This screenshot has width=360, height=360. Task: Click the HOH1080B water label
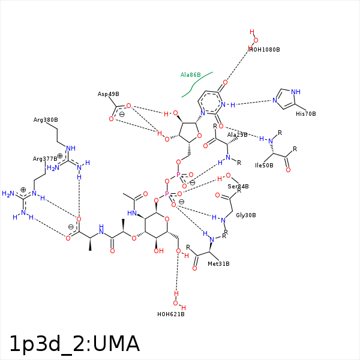coord(264,49)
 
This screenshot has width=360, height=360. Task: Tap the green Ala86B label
coord(191,75)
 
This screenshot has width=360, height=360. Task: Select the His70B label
coord(305,113)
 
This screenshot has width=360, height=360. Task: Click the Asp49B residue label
coord(109,94)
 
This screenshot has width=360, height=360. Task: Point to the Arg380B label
coord(46,120)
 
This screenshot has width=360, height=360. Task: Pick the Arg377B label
coord(46,159)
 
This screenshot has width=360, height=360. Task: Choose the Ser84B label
coord(238,187)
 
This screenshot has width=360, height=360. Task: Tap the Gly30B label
coord(246,215)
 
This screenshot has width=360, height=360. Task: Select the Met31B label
coord(218,263)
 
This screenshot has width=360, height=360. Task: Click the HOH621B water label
coord(170,314)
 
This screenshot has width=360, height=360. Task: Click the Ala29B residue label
coord(237,135)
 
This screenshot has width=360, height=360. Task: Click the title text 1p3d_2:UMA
coord(74,344)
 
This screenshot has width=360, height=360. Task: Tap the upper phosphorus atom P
coord(178,175)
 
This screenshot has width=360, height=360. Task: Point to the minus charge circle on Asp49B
coord(121,114)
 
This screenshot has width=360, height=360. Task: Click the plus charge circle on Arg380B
coord(59,155)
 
